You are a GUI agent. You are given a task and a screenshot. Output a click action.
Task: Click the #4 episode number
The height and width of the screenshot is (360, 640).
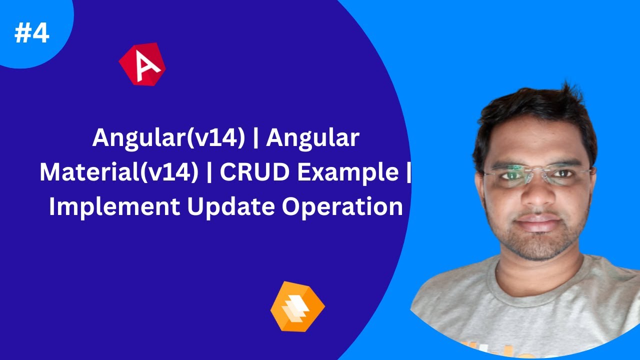coord(32,33)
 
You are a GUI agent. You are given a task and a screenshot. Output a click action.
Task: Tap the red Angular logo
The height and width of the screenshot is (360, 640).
coord(142,64)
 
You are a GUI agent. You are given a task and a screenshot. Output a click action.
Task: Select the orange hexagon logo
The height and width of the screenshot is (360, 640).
coord(297,306)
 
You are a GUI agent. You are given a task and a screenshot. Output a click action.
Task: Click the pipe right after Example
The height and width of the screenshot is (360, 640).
coord(408,172)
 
